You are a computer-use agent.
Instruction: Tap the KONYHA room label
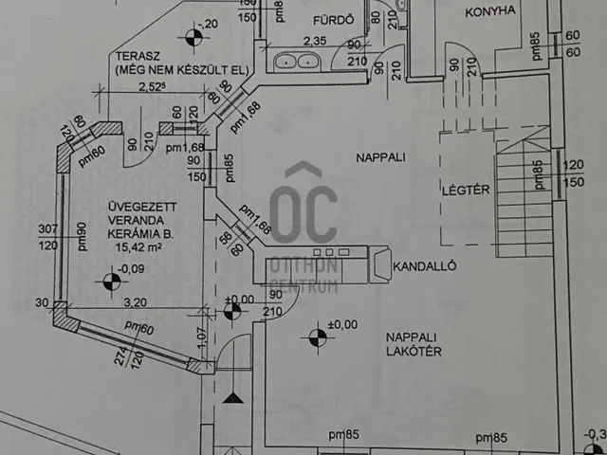pos(490,11)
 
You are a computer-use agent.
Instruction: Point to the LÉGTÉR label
pos(466,190)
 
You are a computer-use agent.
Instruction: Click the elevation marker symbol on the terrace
pos(194,38)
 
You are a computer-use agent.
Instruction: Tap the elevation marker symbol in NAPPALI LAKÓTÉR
pos(315,335)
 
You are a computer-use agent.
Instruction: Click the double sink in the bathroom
pos(297,62)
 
